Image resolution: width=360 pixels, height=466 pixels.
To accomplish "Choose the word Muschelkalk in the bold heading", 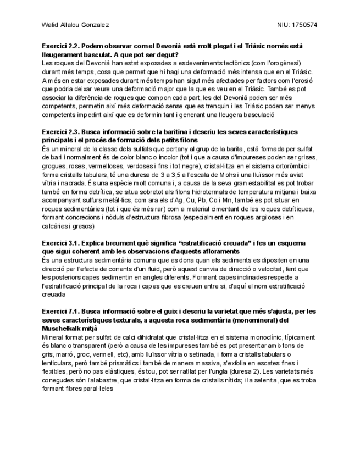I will [64, 328].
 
